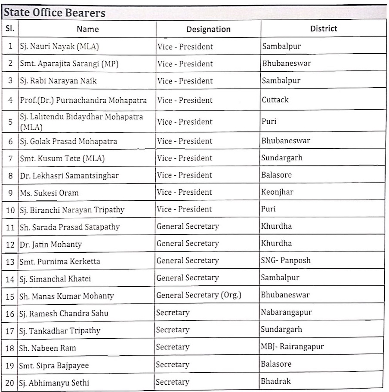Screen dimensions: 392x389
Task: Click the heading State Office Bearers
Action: [55, 13]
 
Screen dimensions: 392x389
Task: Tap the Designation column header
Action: [208, 29]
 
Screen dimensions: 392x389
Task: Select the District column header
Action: [324, 29]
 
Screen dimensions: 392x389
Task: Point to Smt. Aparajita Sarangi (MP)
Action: [69, 64]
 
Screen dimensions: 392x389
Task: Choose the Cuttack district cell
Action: [275, 100]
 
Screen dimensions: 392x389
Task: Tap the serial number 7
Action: [10, 159]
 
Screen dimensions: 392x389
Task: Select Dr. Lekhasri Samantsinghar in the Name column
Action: [69, 176]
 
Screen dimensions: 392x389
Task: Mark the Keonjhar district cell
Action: [277, 192]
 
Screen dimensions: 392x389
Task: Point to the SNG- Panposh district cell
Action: [286, 260]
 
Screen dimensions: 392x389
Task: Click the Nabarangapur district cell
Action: [286, 312]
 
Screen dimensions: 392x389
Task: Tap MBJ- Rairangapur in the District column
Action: [292, 346]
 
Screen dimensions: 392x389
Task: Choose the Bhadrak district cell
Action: [276, 381]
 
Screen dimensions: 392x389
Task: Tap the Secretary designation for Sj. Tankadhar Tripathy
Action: [173, 330]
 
